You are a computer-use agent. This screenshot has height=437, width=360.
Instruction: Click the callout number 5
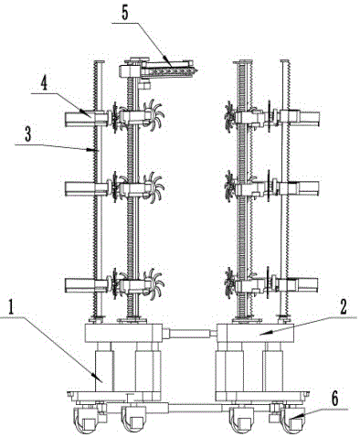[125, 13]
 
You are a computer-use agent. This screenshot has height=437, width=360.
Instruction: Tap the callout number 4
[45, 83]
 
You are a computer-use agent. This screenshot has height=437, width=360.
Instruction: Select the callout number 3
[28, 134]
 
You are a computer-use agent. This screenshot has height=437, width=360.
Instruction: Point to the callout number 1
[12, 307]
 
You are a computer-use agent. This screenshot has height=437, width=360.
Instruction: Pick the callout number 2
[344, 307]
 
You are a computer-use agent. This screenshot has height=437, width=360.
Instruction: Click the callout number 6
[334, 399]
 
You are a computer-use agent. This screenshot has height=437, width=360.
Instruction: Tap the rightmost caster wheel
[292, 421]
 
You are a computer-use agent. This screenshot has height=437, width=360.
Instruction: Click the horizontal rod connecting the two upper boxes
[189, 333]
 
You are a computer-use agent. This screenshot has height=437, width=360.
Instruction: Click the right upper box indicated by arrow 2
[255, 333]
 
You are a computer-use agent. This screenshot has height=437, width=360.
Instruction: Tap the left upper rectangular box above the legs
[123, 333]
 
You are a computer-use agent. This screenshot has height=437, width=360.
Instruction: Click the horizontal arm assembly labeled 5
[157, 70]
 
